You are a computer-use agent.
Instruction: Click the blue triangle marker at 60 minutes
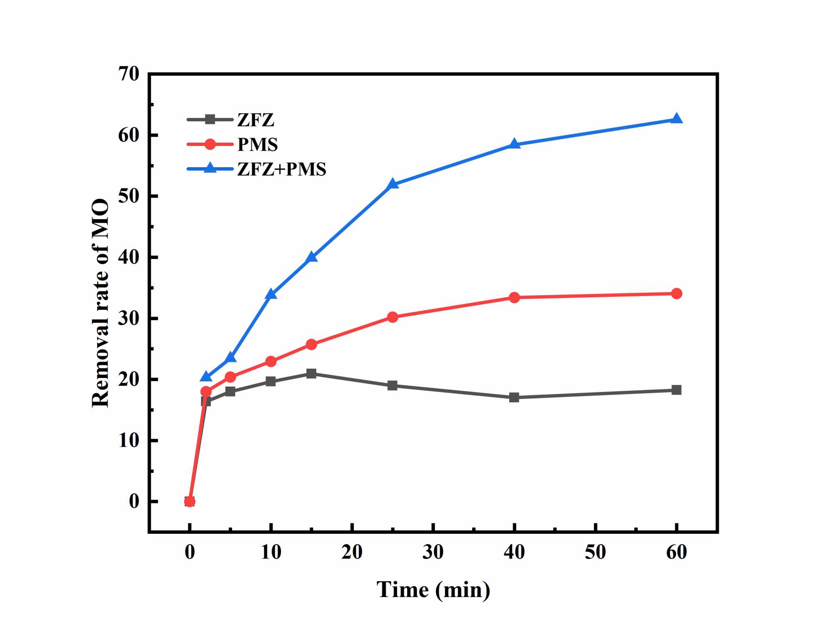[676, 119]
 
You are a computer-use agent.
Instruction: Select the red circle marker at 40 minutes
[514, 297]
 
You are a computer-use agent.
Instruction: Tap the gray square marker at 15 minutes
[311, 373]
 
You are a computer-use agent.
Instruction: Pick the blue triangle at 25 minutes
[393, 184]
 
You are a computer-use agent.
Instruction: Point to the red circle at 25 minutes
[393, 317]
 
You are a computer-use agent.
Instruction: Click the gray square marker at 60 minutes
[676, 390]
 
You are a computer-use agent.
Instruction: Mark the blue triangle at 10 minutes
[271, 294]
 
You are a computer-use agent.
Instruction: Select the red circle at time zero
[190, 501]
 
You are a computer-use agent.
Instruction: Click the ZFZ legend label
[255, 120]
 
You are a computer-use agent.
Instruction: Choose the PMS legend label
[258, 145]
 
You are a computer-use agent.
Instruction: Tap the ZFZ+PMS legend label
[282, 169]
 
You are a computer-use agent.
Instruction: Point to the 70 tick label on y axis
[129, 74]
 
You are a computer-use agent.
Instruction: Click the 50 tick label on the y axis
[129, 196]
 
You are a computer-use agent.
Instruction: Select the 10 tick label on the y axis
[129, 441]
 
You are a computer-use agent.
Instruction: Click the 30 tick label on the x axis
[433, 552]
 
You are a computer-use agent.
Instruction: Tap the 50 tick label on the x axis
[595, 552]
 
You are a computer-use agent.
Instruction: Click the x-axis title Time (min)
[433, 590]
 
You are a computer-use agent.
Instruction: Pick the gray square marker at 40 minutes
[514, 397]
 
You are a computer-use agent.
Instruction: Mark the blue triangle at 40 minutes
[514, 144]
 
